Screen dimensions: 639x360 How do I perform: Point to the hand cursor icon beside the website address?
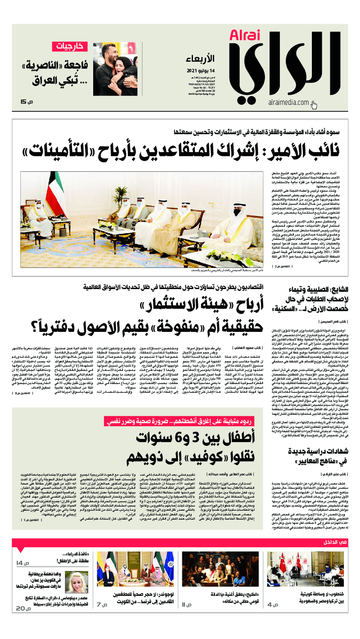pos(314,105)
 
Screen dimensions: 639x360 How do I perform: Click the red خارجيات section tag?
pos(70,45)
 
